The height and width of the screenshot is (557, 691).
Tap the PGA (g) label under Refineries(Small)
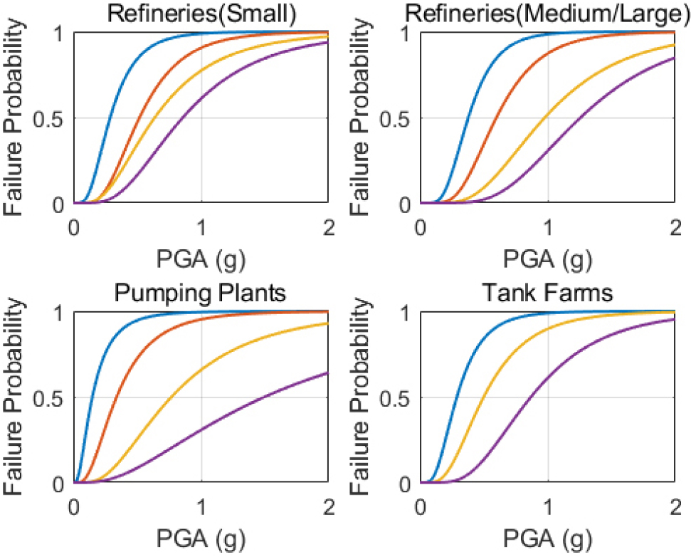[201, 257]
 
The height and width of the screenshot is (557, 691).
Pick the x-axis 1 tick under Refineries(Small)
[201, 224]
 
